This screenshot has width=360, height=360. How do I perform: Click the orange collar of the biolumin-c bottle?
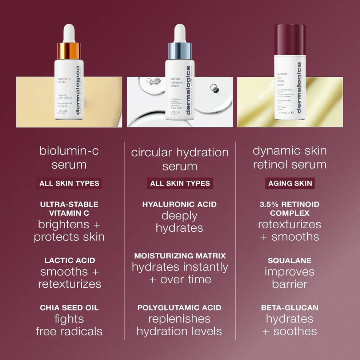[69, 51]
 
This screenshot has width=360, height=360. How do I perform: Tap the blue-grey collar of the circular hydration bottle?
[180, 51]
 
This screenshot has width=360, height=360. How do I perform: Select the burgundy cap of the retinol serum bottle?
[290, 39]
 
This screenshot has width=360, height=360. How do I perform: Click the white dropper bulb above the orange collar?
[69, 33]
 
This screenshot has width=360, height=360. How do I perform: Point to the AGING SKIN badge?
[290, 183]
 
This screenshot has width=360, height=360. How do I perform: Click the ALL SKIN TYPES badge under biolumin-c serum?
[69, 183]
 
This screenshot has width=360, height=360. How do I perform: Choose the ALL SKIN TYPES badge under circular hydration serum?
[180, 183]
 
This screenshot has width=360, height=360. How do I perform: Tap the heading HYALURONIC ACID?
[180, 204]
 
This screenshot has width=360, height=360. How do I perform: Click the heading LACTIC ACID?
[69, 260]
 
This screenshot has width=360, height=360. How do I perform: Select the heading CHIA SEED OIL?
[69, 308]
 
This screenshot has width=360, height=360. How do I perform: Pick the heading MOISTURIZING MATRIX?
[180, 256]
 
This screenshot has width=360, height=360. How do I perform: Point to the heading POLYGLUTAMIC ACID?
[180, 308]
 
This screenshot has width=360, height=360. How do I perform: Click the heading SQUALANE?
[290, 261]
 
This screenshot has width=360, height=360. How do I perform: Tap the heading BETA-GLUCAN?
[290, 308]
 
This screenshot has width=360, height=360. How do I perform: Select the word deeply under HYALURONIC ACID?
[180, 216]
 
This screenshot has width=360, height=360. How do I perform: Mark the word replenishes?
[180, 319]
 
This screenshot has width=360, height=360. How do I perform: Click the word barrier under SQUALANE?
[290, 284]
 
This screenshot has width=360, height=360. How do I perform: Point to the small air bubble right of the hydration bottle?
[215, 88]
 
